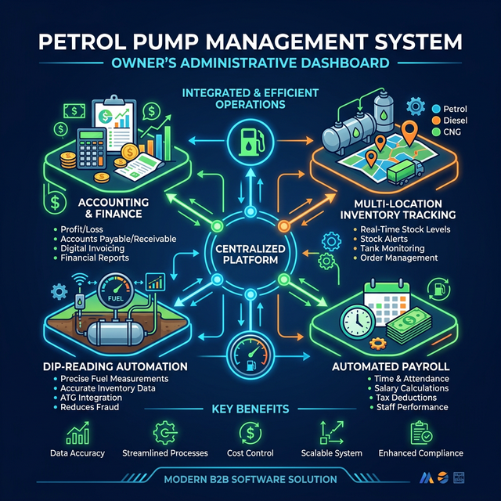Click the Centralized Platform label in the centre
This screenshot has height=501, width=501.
251,254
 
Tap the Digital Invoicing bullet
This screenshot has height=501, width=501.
98,248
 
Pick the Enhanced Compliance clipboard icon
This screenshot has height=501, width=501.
420,433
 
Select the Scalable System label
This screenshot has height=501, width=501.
332,453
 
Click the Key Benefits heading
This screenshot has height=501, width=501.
251,409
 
